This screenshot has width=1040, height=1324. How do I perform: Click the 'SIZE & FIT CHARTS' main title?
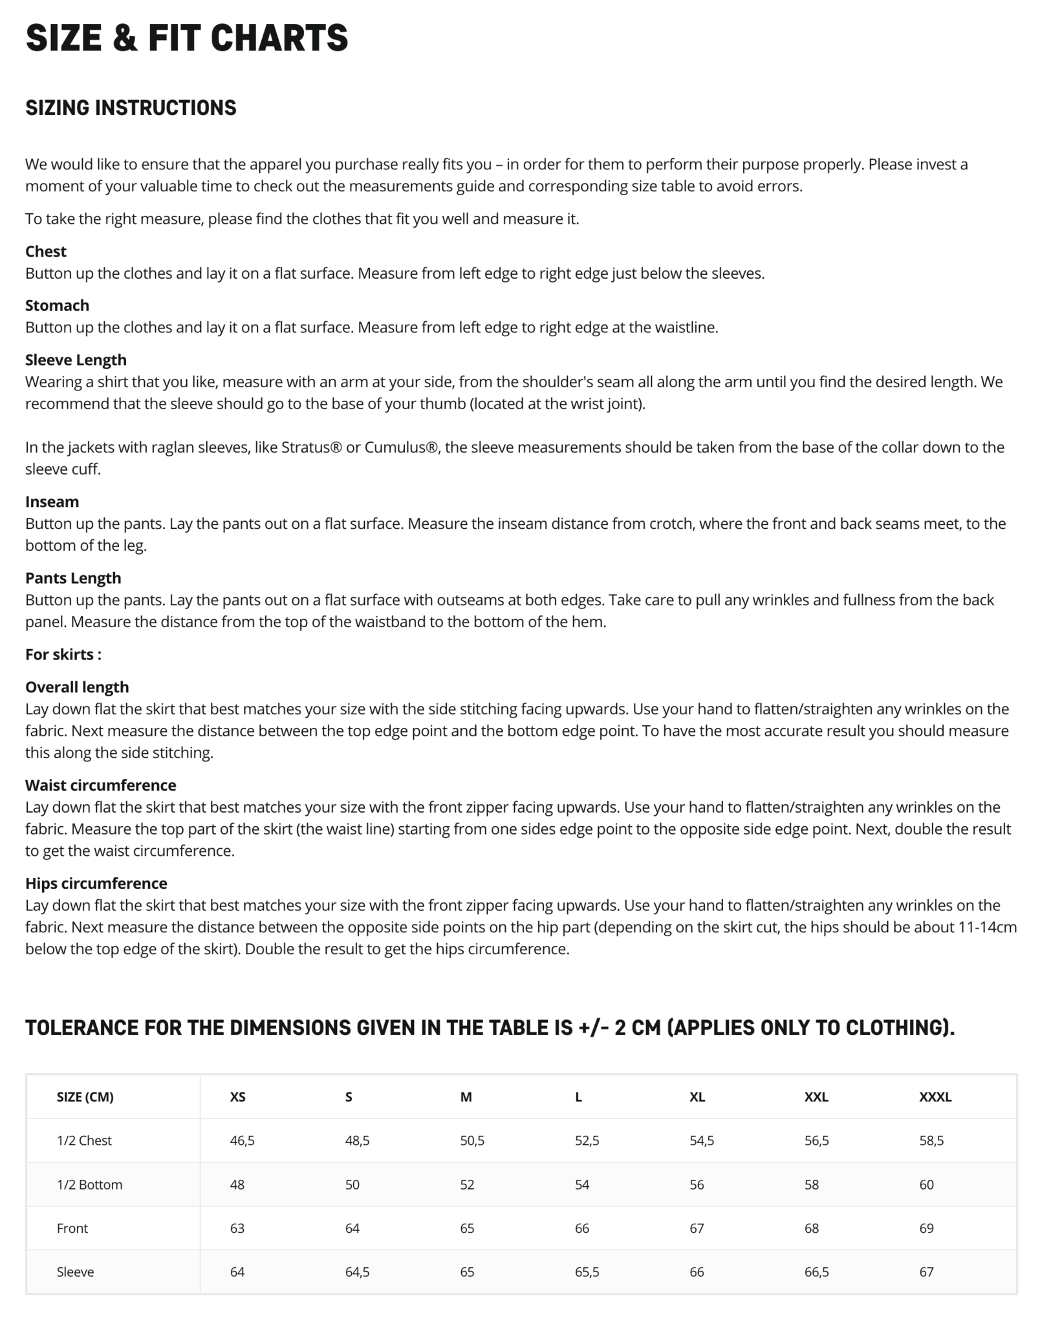point(186,37)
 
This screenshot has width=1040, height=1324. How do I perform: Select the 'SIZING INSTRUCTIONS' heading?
point(131,108)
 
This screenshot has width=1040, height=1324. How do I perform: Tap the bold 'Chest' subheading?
point(45,251)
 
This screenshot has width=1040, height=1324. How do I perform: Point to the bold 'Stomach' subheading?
point(57,305)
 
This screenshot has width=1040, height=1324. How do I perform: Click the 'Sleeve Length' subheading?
point(76,360)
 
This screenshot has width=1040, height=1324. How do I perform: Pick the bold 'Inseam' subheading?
point(52,502)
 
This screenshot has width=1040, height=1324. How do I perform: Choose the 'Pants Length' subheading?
point(73,578)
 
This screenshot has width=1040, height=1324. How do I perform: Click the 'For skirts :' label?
point(63,654)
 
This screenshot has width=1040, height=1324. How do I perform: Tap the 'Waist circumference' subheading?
point(100,785)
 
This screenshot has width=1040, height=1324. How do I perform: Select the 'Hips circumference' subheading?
point(96,883)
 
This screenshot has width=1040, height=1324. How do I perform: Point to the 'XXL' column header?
point(816,1096)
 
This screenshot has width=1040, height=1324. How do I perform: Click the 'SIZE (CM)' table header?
point(85,1096)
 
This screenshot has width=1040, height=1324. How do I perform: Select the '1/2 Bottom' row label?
point(89,1184)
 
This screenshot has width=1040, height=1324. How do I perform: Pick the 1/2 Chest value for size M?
point(471,1140)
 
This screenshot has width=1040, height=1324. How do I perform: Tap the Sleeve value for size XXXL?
point(926,1272)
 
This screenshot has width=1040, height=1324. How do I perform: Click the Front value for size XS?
point(237,1228)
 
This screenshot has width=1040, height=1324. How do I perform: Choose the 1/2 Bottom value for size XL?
point(697,1184)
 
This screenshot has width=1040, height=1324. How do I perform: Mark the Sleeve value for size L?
point(587,1272)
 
